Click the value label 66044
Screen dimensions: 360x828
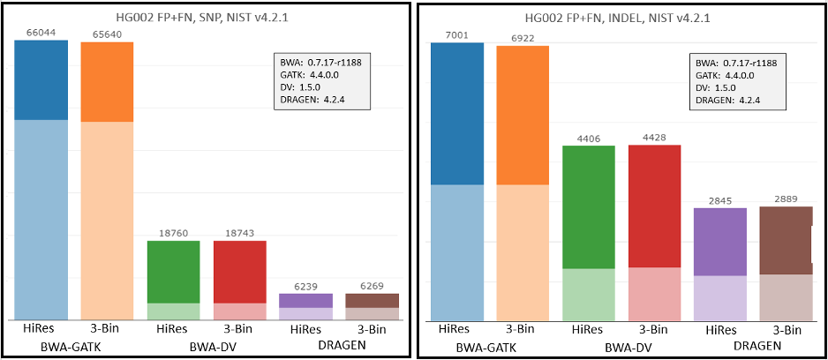click(41, 33)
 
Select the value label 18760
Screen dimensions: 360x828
click(173, 234)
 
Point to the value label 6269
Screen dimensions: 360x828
click(372, 287)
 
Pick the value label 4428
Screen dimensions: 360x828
click(654, 138)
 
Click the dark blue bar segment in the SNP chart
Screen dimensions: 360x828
click(41, 79)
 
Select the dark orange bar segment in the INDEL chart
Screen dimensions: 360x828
click(523, 115)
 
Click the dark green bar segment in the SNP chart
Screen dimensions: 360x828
click(173, 272)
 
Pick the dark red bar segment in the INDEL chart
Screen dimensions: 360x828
click(654, 206)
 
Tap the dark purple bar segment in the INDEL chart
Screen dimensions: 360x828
click(720, 242)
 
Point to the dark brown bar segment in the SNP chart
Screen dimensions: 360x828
click(372, 300)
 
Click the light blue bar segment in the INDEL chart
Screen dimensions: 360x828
click(456, 251)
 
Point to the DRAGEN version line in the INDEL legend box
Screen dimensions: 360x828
click(727, 100)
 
